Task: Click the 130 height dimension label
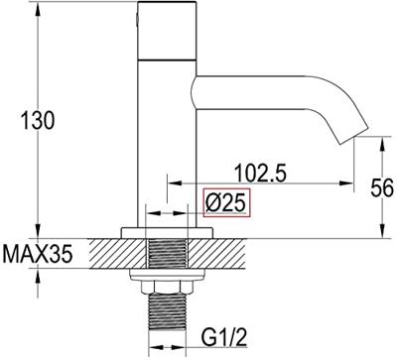pyautogui.click(x=37, y=120)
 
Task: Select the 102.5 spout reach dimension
pyautogui.click(x=260, y=173)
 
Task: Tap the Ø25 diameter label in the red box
pyautogui.click(x=226, y=203)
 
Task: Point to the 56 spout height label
pyautogui.click(x=382, y=187)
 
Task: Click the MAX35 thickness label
pyautogui.click(x=38, y=254)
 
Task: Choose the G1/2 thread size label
pyautogui.click(x=224, y=336)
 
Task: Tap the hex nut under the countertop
pyautogui.click(x=167, y=287)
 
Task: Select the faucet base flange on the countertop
pyautogui.click(x=167, y=233)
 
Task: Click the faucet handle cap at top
pyautogui.click(x=167, y=31)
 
